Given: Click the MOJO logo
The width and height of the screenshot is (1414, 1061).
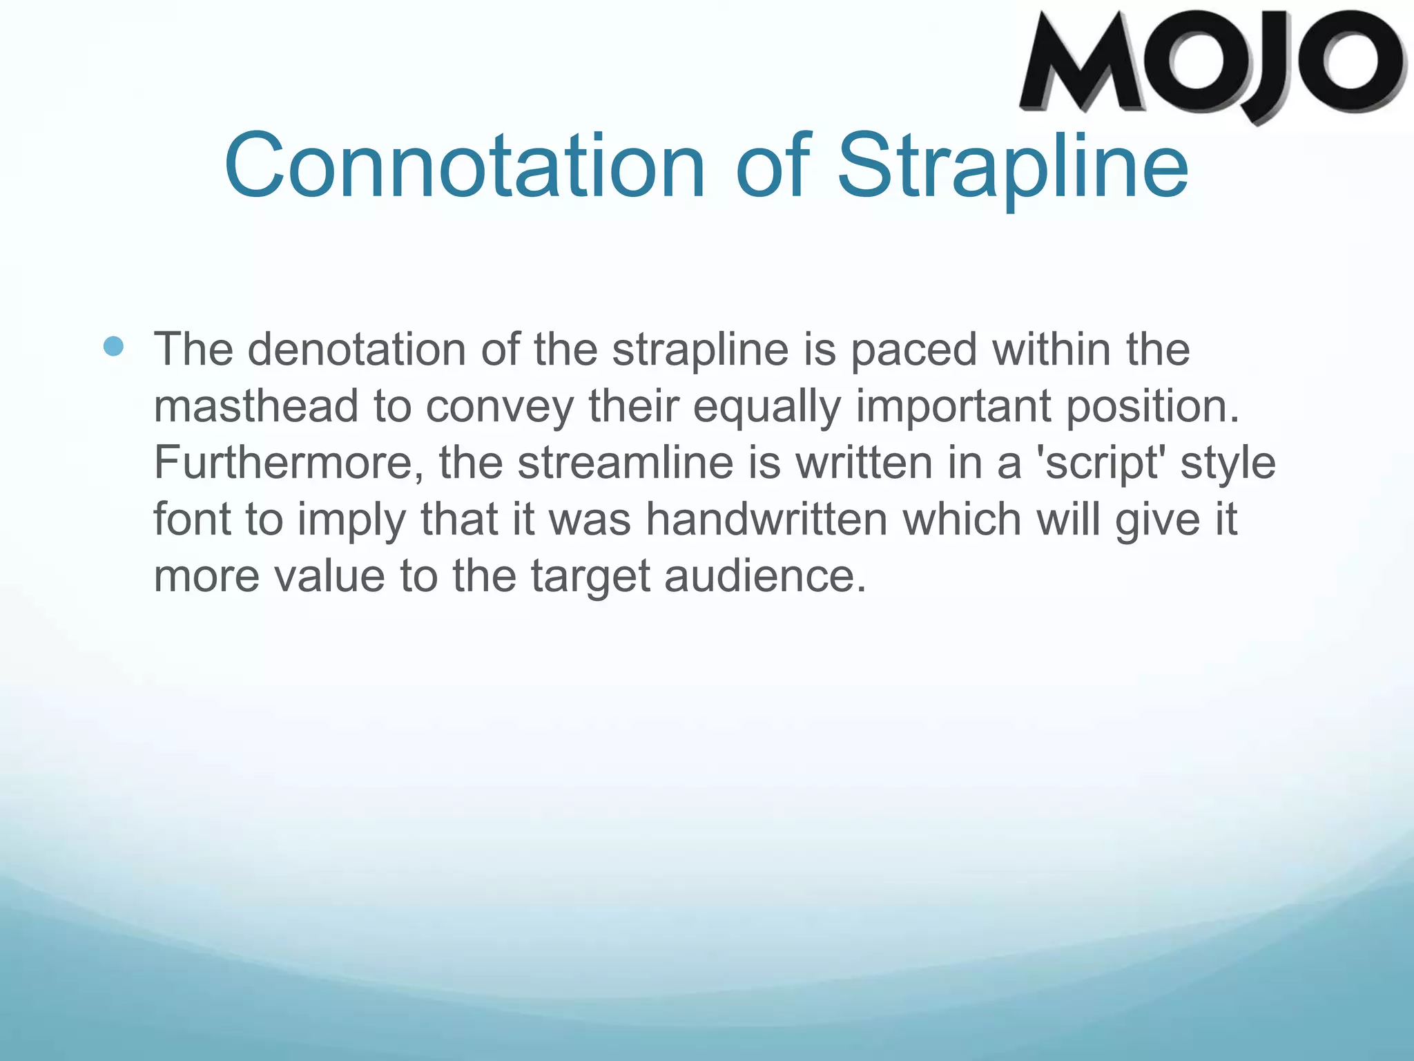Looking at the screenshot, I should (1212, 66).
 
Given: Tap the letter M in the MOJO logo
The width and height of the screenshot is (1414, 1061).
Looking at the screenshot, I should (1087, 66).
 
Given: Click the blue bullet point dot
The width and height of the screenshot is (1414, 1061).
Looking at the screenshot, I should (113, 346).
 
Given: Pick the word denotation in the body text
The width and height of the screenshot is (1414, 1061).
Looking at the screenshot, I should (356, 349).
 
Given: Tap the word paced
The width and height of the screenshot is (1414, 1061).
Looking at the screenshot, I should (913, 349).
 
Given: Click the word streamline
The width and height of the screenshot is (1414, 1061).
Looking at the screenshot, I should (626, 462).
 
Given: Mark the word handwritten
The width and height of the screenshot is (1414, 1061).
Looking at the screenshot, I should (766, 519).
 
